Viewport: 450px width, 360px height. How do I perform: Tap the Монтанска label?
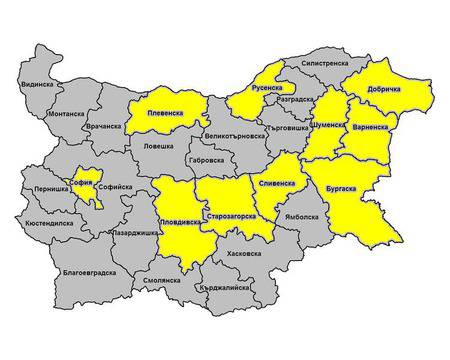[66, 114]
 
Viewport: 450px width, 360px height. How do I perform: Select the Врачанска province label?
[104, 127]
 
